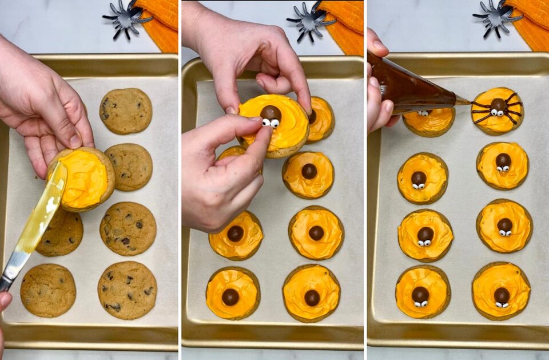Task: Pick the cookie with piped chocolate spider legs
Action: (498, 110)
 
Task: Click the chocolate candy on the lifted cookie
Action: (270, 112)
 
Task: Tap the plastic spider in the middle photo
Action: (310, 21)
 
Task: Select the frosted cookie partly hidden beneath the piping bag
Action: (429, 121)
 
